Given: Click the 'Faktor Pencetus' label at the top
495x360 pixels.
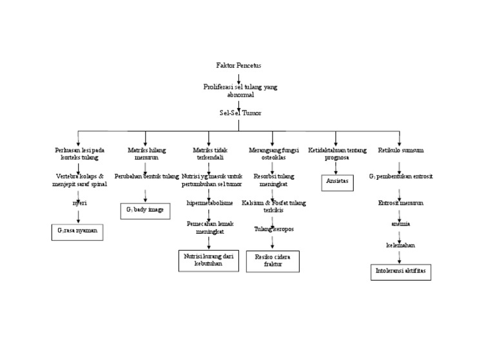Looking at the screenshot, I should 238,66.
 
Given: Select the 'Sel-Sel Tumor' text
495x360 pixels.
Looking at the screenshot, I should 240,112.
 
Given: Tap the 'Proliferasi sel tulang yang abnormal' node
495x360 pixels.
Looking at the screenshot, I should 240,90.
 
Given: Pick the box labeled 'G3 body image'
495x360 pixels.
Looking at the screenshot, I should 146,211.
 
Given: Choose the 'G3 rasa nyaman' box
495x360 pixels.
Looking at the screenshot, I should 77,231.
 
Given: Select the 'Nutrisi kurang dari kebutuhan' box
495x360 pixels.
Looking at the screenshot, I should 208,260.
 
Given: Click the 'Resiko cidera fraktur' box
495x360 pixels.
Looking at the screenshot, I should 273,261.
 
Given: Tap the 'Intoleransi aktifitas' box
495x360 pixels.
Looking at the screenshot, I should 400,272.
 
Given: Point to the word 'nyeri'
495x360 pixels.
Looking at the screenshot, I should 79,202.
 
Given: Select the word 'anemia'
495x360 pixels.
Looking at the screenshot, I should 400,223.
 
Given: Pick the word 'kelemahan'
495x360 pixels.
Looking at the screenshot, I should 400,245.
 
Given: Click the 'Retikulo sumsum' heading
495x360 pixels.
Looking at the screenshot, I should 400,150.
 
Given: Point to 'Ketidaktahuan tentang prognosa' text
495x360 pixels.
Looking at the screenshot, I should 337,154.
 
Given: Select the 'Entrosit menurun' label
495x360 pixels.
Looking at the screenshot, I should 400,203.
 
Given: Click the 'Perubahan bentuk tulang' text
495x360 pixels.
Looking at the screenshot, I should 146,176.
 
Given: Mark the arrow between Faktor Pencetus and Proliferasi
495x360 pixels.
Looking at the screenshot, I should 239,78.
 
